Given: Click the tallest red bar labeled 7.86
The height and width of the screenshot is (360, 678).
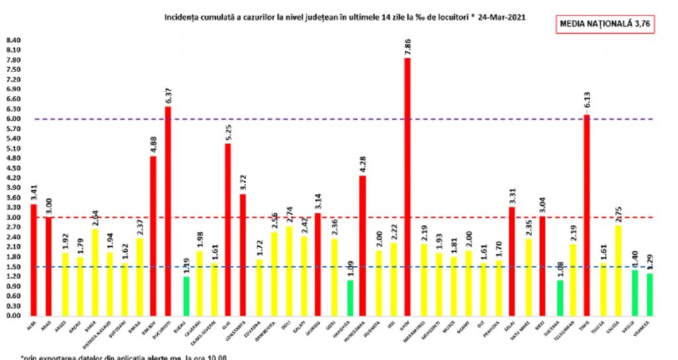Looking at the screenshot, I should [x=408, y=185].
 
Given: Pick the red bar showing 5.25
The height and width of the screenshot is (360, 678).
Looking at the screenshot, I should [x=228, y=229].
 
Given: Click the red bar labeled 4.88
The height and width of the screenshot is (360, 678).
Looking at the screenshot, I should [x=153, y=235].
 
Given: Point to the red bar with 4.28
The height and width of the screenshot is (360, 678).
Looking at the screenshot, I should [x=363, y=245].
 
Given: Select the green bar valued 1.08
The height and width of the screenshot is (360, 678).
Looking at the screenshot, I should [x=560, y=298].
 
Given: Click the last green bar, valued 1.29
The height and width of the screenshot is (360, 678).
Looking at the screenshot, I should [x=649, y=294].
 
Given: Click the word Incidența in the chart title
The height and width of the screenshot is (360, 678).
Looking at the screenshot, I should [x=180, y=18].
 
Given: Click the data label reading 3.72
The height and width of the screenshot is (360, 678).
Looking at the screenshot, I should [x=243, y=184].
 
